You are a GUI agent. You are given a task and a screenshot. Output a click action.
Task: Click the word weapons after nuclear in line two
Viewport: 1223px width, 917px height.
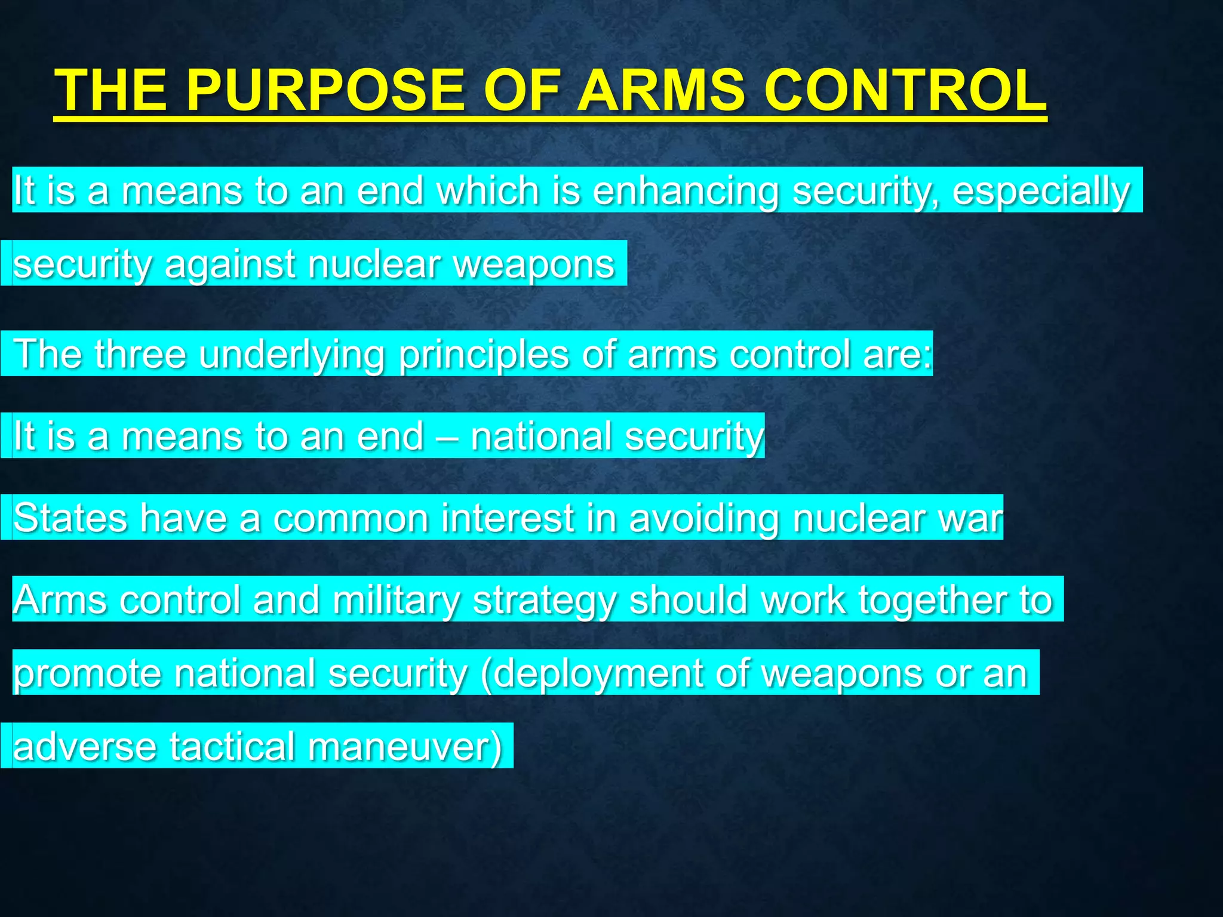point(534,264)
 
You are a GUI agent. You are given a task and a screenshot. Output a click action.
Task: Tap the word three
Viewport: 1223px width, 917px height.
point(140,354)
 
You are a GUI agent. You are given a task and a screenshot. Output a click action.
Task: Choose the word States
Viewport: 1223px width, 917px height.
point(70,518)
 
